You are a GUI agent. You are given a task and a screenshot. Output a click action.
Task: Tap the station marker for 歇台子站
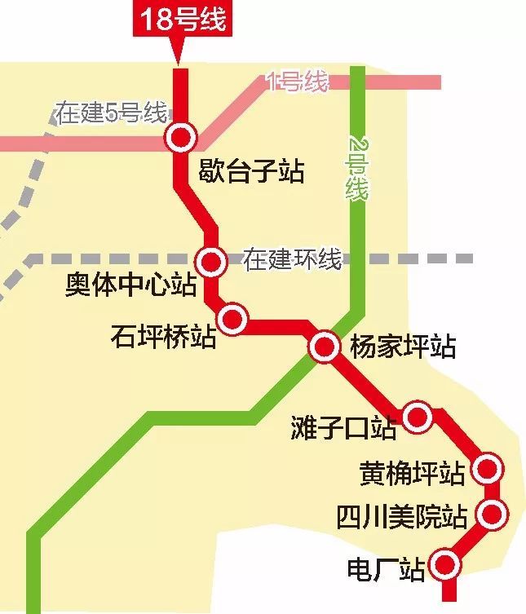180,137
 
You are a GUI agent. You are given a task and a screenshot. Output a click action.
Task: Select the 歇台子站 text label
251,172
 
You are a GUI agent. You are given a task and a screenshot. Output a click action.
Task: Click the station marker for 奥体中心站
212,262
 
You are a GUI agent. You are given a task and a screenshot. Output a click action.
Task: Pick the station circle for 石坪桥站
232,318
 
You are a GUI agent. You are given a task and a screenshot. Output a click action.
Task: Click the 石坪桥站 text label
163,336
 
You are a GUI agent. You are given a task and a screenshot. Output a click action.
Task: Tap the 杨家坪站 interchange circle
324,347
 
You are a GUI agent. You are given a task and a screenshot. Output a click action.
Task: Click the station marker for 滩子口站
417,417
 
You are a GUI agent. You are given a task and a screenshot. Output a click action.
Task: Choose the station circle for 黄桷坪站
488,468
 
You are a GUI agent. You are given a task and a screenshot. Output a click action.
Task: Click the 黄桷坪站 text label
412,473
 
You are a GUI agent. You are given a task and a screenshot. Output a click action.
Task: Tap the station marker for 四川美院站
492,514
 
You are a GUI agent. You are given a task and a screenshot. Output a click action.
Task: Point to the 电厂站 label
386,569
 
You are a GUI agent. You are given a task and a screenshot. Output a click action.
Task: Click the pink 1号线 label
298,82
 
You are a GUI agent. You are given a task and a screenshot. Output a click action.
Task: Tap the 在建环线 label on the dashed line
292,260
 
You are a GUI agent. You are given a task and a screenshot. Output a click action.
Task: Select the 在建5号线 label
111,113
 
